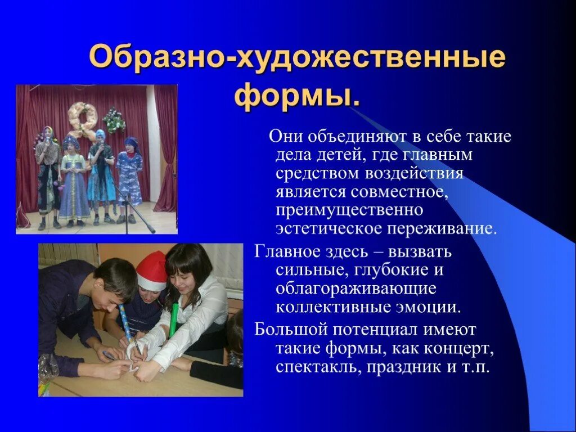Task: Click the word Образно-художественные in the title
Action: [297, 59]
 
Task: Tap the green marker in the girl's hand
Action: [174, 318]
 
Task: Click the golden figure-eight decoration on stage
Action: [83, 120]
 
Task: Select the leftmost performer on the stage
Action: [48, 174]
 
